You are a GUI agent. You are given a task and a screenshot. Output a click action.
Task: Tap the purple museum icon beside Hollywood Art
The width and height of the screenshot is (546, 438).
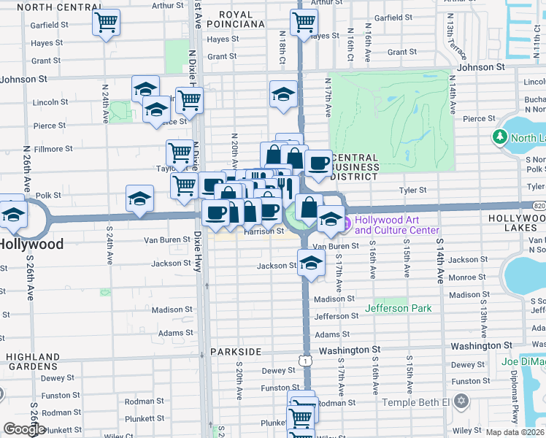[x=348, y=221]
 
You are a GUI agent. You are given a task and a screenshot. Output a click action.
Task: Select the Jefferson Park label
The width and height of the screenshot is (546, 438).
[x=404, y=308]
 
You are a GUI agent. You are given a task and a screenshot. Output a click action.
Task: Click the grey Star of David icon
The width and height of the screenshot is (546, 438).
[x=461, y=401]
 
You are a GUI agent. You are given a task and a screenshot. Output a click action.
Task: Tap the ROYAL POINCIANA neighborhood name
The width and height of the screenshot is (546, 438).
[x=236, y=19]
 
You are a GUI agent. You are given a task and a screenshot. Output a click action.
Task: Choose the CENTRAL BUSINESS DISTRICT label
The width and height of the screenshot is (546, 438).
[x=355, y=166]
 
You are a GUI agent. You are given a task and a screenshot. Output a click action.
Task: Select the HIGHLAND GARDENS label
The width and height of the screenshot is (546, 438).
[x=33, y=361]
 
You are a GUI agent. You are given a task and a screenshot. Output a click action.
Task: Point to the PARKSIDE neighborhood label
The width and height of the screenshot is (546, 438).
[x=236, y=352]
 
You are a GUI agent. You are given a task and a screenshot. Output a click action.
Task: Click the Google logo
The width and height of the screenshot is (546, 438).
[x=24, y=429]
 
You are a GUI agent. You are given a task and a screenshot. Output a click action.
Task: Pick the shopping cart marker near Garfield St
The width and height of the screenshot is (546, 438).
[x=106, y=22]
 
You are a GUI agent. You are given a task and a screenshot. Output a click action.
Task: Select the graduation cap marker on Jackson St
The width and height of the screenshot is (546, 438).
[x=311, y=262]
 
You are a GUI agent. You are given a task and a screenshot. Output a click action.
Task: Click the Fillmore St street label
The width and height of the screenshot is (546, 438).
[x=55, y=149]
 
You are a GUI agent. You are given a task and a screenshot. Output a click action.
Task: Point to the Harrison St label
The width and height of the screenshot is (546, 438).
[x=264, y=231]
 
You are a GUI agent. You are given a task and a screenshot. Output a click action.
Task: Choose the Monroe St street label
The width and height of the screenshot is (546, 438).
[x=467, y=277]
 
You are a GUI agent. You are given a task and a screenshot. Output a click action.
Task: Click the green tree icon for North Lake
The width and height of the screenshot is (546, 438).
[x=500, y=137]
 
